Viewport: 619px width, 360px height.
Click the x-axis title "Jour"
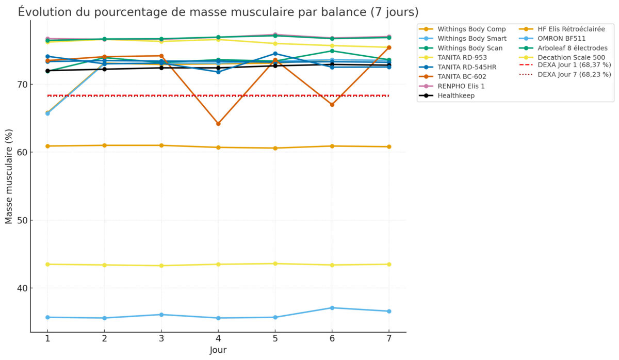pos(218,350)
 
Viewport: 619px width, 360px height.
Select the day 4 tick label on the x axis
pos(218,338)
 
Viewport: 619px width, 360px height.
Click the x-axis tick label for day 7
pos(389,338)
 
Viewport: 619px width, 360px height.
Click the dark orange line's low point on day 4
pos(218,124)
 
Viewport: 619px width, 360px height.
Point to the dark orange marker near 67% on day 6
pos(332,105)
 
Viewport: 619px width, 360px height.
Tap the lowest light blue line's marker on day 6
pos(332,308)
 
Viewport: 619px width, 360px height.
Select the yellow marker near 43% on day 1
pos(47,264)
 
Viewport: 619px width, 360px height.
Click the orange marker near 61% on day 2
pos(104,145)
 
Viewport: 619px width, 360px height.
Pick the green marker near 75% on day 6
pos(332,51)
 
